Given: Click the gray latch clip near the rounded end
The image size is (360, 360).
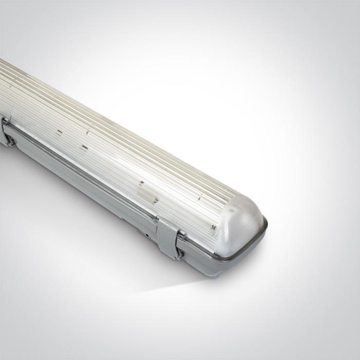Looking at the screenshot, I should (x=169, y=238).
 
